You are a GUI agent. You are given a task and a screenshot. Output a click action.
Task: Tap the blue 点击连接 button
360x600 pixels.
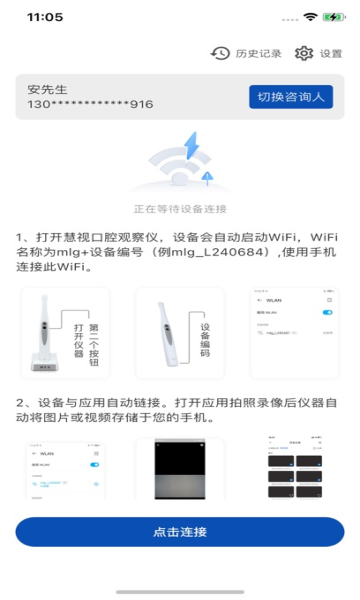pos(180,531)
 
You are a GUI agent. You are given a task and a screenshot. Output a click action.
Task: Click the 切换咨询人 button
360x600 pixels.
pos(290,96)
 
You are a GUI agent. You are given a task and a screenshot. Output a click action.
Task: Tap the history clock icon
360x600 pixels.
pos(220,54)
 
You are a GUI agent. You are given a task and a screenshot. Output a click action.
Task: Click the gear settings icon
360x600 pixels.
pos(304,54)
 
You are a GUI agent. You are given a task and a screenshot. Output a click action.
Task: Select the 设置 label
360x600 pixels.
pos(331,54)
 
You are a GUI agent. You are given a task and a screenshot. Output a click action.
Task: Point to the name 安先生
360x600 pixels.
pos(47,89)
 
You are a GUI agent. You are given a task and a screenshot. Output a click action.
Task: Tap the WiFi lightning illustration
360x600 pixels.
pos(180,165)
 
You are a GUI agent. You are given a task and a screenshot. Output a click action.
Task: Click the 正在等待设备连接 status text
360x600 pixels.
pos(180,209)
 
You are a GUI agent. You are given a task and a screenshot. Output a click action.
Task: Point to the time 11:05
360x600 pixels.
pos(45,17)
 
